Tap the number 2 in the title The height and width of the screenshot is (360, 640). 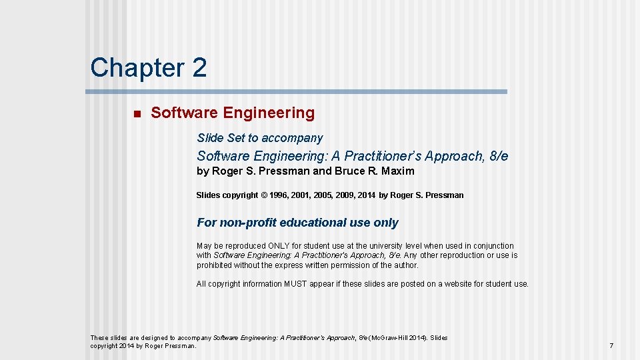click(198, 67)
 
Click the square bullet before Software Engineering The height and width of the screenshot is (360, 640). click(137, 114)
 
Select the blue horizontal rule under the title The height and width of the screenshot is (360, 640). click(298, 91)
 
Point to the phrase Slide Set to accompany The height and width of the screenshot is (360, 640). click(259, 138)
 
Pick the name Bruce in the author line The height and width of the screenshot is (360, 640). click(349, 171)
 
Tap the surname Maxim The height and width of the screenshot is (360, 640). click(398, 171)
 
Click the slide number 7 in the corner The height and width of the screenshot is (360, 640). click(611, 346)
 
